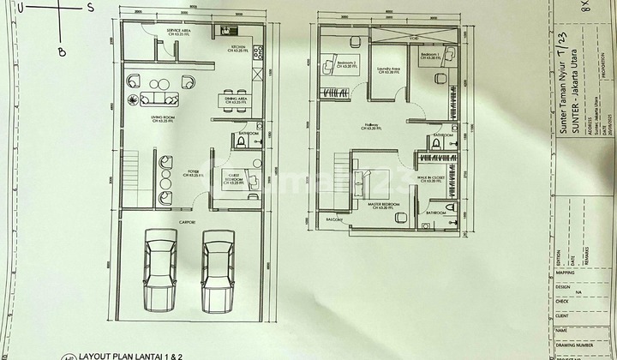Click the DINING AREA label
point(236,99)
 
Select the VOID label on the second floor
point(414,39)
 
